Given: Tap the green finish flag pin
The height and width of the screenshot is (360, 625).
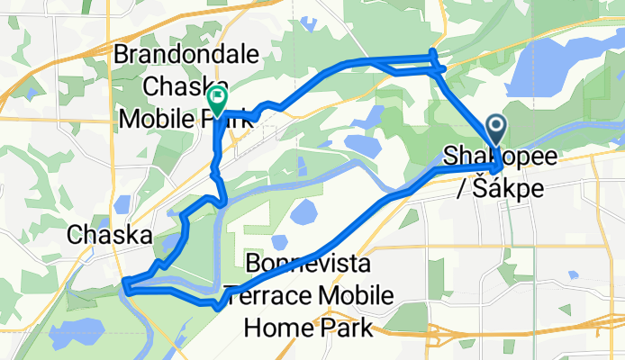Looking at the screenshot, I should (x=217, y=97).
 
